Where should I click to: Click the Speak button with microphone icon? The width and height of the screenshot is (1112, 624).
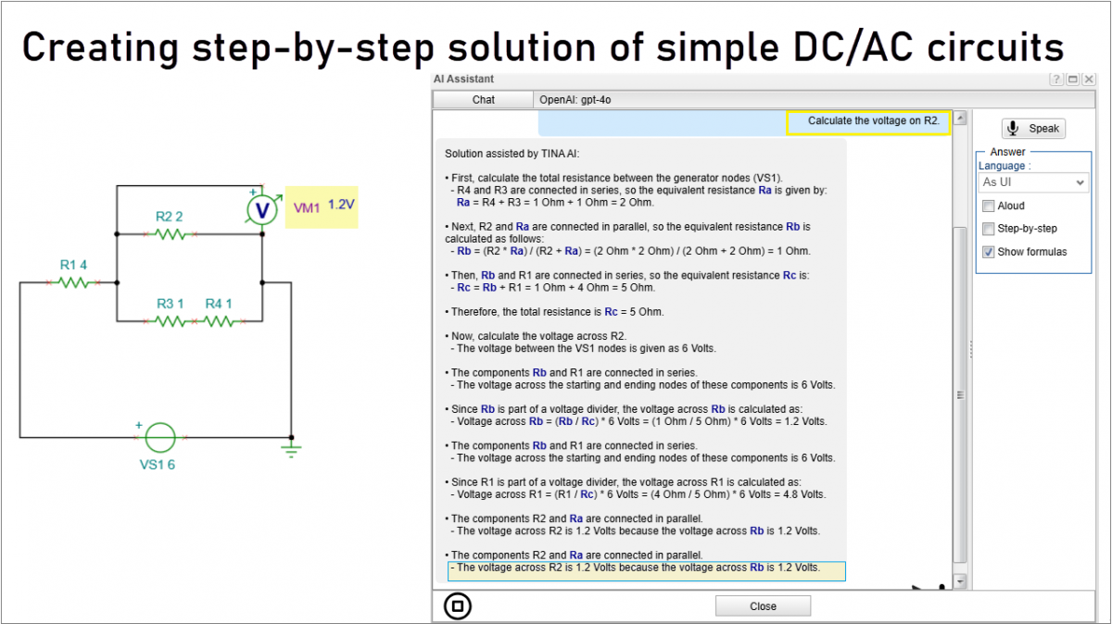(1033, 129)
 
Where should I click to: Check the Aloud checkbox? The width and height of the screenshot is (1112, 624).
(989, 206)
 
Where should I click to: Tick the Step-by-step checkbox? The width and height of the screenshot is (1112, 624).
(989, 229)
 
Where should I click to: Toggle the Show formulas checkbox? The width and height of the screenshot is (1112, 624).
(989, 252)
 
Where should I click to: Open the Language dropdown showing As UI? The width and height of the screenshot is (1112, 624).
(1033, 182)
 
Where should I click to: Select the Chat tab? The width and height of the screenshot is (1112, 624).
(484, 99)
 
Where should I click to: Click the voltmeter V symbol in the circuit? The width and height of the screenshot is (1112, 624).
(262, 210)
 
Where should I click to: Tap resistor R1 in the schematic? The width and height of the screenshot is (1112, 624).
(74, 282)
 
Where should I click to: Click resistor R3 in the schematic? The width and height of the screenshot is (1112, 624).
(171, 321)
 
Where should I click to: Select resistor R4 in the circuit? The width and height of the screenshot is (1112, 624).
(220, 321)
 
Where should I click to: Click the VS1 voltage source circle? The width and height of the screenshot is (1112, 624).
(160, 437)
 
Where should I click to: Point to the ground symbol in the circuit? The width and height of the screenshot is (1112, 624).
(292, 451)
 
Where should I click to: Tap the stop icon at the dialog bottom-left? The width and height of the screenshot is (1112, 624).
(458, 606)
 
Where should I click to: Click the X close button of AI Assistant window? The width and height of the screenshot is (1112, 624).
(1089, 80)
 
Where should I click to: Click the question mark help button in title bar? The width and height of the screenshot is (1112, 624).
(1056, 80)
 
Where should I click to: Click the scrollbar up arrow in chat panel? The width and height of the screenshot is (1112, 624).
(960, 119)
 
